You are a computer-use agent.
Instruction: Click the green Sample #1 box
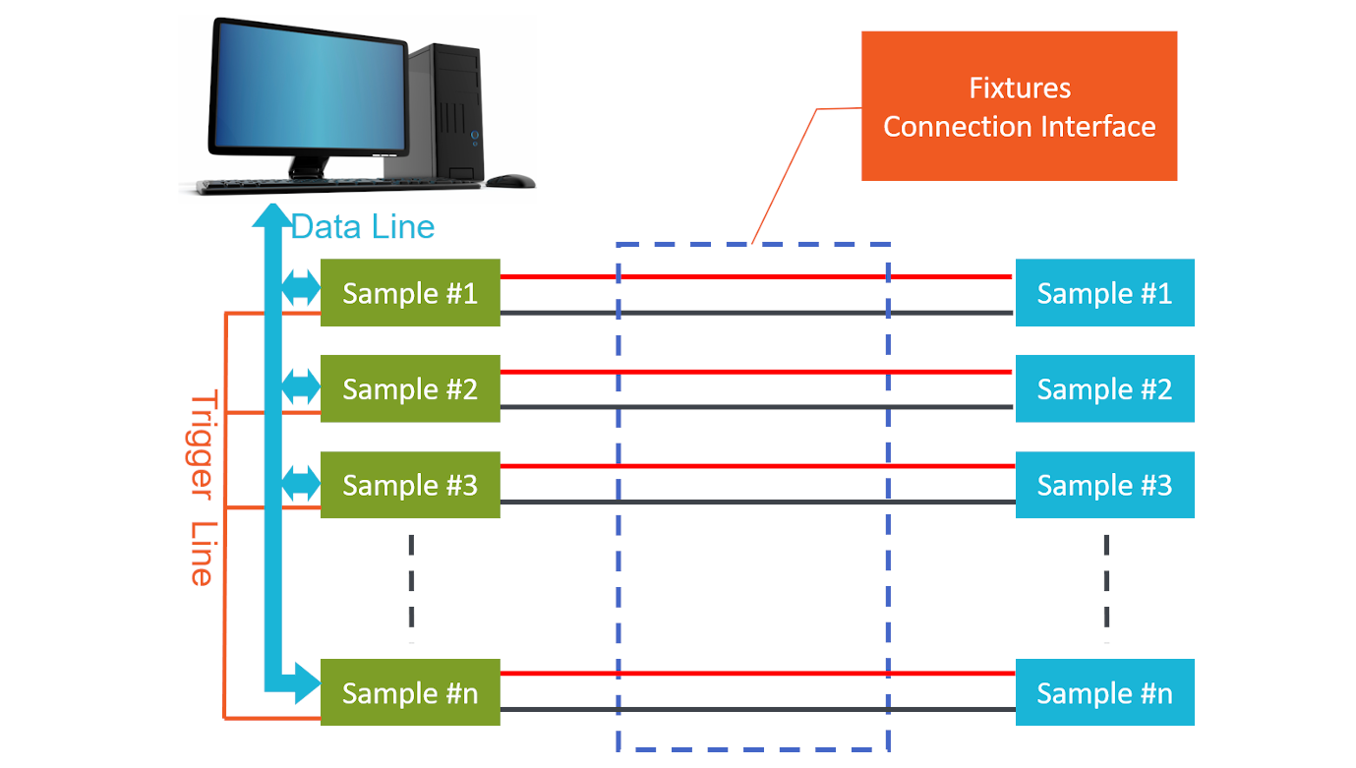410,293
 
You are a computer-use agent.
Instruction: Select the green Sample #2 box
410,388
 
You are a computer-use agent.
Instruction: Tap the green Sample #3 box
410,485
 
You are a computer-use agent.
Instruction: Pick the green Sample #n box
410,692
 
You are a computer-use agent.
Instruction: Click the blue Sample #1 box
1104,293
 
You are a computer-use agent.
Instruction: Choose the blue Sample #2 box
1104,388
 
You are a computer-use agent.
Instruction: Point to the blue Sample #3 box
1104,485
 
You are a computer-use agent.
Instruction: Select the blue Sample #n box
1104,692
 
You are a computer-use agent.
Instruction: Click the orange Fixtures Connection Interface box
1019,106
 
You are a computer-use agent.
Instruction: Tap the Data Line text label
363,227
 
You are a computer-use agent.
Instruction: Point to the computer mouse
510,181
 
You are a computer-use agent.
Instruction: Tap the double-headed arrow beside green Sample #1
301,288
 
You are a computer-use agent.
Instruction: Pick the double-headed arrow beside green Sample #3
301,483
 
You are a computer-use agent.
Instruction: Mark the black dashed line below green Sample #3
411,587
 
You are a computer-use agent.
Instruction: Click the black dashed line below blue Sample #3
1106,587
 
